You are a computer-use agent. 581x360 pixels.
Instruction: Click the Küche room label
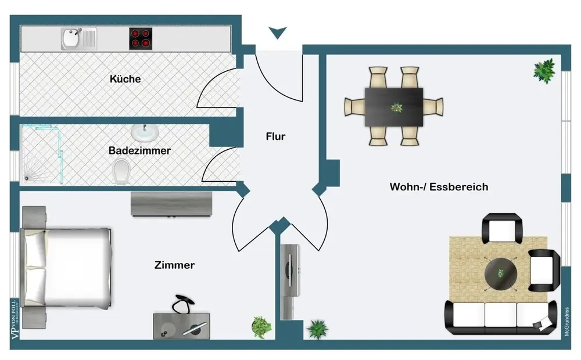coord(125,78)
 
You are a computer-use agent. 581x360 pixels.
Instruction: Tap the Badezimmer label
coord(139,150)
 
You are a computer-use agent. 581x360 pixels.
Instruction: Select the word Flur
coord(275,136)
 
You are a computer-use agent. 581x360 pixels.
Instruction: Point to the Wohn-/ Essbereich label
coord(439,187)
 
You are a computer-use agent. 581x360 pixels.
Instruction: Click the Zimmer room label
coord(174,265)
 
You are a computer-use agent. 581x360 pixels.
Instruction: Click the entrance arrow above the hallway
coord(278,33)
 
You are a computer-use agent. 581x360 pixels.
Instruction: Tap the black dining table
coord(394,106)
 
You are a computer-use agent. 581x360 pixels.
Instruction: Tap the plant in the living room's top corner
coord(544,71)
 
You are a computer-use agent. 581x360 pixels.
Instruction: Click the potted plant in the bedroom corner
coord(261,327)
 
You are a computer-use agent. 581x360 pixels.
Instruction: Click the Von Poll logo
coord(15,319)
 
